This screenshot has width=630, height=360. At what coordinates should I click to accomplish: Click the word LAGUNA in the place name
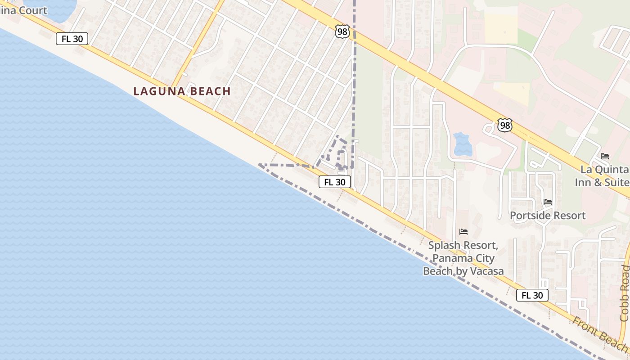(x=158, y=91)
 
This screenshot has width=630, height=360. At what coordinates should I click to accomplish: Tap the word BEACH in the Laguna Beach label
(x=209, y=91)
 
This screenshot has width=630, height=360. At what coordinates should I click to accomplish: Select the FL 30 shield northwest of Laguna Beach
(x=72, y=39)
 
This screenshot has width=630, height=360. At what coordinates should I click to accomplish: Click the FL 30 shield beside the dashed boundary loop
(x=335, y=182)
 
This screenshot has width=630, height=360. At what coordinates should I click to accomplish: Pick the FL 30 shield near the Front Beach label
(x=532, y=295)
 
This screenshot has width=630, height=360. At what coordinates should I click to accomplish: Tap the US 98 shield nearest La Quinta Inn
(x=505, y=125)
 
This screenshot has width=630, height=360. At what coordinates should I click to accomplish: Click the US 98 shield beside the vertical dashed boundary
(x=342, y=31)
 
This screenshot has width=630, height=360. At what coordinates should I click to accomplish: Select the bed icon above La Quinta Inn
(x=605, y=156)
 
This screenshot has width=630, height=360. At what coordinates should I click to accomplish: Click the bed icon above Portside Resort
(x=548, y=202)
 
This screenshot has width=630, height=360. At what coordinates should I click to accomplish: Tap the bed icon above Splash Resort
(x=463, y=232)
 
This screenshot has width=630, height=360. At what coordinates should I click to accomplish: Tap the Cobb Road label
(x=624, y=293)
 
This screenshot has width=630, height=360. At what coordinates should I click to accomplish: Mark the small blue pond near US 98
(x=462, y=144)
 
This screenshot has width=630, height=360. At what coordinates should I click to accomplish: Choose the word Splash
(x=443, y=246)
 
